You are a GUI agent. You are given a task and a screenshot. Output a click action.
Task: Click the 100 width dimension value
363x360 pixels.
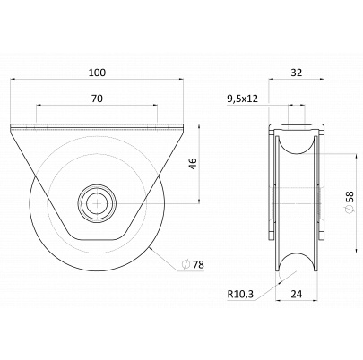click(97, 73)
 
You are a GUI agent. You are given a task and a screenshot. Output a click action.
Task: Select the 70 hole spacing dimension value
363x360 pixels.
click(97, 99)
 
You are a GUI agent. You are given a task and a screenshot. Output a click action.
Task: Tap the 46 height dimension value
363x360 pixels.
click(194, 164)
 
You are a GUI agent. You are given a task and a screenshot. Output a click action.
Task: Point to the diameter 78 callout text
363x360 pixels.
click(194, 264)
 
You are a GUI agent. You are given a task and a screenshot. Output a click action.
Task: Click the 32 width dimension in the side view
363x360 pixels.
click(297, 73)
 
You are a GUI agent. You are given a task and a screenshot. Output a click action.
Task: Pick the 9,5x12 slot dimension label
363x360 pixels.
click(242, 99)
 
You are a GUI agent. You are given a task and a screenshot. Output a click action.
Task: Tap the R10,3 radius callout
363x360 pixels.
click(240, 295)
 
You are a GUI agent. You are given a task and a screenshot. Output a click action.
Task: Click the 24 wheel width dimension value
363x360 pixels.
click(296, 295)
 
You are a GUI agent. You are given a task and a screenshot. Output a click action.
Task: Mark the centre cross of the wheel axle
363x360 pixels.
click(97, 203)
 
